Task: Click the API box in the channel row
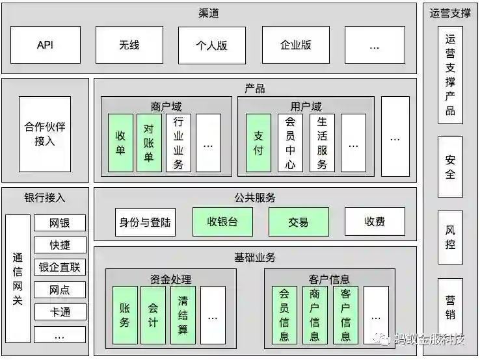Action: coord(45,45)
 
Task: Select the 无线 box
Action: coord(129,45)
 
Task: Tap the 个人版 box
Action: coord(212,45)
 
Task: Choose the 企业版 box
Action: coord(295,45)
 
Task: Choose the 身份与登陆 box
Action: coord(145,222)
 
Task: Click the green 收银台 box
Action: coord(222,222)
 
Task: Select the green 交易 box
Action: coord(299,222)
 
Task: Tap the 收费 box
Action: coord(375,222)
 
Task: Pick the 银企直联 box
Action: coord(60,267)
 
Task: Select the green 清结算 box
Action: coord(183,315)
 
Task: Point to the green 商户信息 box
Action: coord(315,315)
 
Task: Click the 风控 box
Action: coord(450,237)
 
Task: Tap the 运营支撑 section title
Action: coord(450,12)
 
